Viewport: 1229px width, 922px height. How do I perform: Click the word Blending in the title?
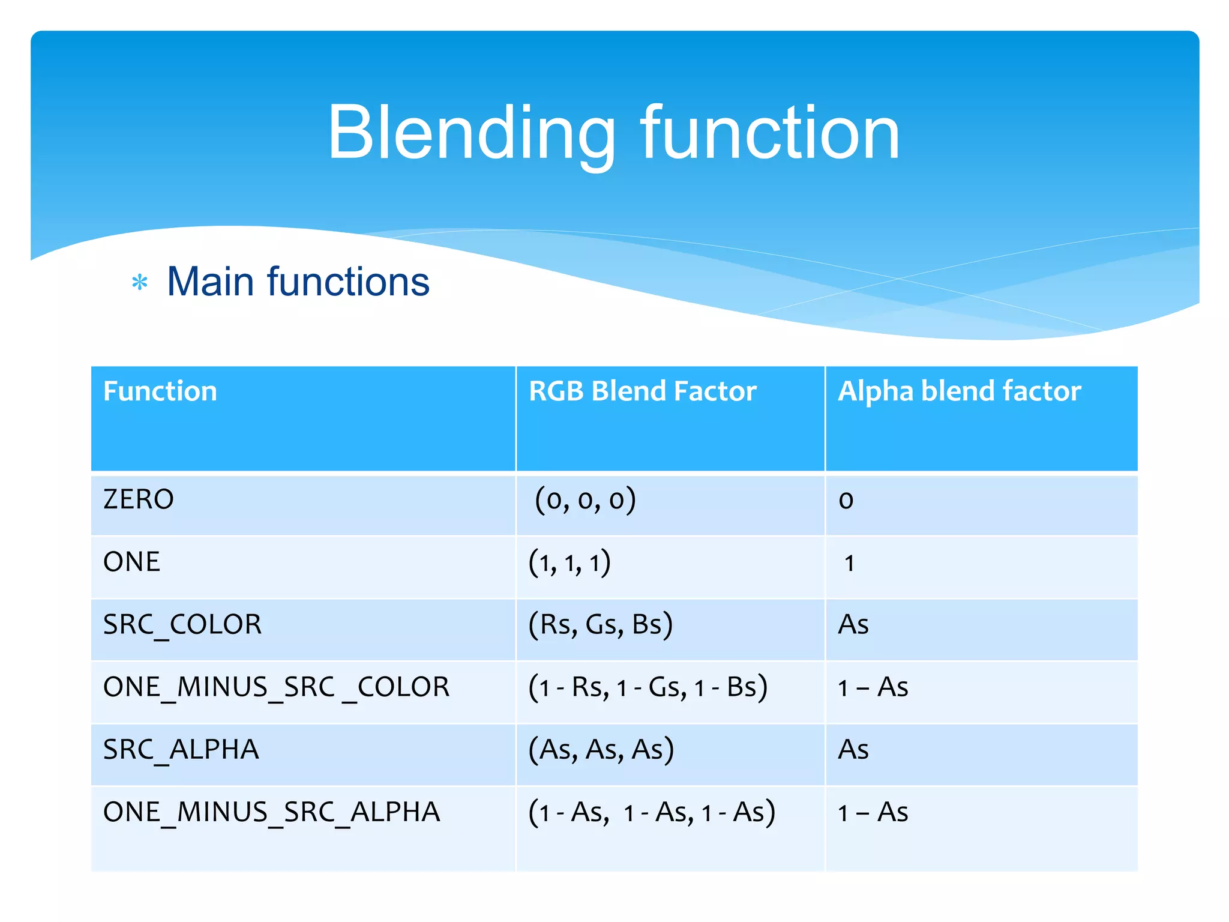pos(472,133)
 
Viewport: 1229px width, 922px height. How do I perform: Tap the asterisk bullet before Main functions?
pos(140,282)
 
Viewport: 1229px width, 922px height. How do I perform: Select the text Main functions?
pos(298,282)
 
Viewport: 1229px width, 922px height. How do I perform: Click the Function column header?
pos(160,391)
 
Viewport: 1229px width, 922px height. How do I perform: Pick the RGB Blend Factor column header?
pos(642,391)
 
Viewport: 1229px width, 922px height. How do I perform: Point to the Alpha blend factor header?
pos(959,391)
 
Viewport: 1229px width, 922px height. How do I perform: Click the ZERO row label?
pos(139,499)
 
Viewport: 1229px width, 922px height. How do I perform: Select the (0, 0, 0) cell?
pos(585,500)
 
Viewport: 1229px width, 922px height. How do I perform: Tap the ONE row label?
pos(132,562)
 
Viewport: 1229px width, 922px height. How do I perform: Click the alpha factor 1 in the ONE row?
pos(849,564)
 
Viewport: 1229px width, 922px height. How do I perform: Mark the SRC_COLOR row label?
pos(182,625)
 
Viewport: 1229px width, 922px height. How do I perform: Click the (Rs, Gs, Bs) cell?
pos(600,625)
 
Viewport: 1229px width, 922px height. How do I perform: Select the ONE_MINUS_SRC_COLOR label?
pos(276,687)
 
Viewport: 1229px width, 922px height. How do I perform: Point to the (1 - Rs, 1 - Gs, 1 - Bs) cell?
pos(648,687)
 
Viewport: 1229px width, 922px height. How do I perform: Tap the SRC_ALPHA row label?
pos(181,750)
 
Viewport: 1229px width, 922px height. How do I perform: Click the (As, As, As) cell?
pos(601,750)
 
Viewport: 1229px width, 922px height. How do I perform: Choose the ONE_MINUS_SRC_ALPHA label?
pos(272,812)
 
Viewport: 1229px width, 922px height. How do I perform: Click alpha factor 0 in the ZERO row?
pos(846,501)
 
